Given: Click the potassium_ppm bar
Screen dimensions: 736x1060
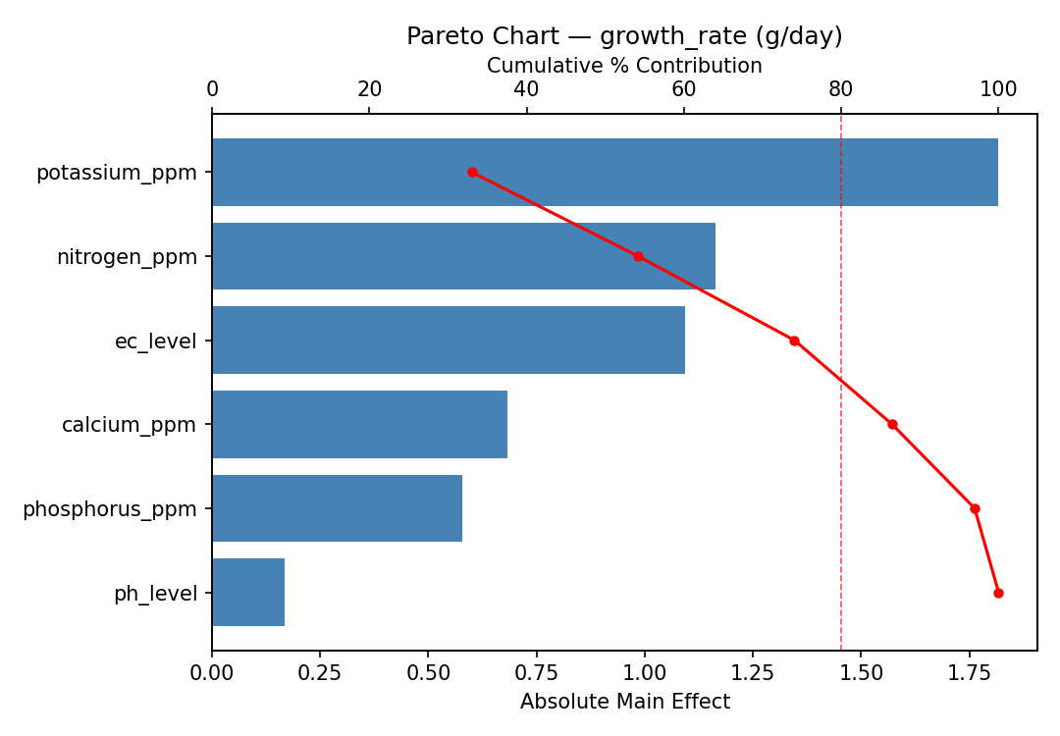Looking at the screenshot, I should click(x=605, y=172).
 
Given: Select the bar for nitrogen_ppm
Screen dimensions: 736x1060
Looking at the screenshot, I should click(x=463, y=256).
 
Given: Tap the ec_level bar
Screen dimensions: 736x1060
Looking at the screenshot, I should click(x=448, y=341).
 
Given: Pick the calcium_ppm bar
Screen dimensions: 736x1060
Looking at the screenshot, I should click(x=359, y=424).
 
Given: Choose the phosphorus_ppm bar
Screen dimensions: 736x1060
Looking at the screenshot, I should click(x=337, y=508).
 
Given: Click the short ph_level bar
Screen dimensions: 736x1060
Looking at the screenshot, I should click(x=248, y=593).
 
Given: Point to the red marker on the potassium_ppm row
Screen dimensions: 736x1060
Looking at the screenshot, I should click(x=472, y=172).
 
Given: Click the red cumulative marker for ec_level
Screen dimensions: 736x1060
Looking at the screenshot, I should click(x=794, y=341).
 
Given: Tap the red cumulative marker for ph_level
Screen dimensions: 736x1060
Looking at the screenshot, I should click(x=998, y=593).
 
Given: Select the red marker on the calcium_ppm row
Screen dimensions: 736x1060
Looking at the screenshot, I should click(x=892, y=424).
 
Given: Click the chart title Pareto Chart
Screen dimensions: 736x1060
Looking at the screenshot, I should click(x=624, y=36).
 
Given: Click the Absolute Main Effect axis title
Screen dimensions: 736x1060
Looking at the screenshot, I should click(x=624, y=702).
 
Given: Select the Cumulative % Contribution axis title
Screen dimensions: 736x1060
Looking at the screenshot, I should click(x=624, y=66).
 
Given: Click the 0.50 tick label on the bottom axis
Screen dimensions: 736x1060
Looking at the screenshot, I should click(x=428, y=672).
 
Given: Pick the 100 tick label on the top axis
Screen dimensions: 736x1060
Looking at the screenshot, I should click(x=998, y=89).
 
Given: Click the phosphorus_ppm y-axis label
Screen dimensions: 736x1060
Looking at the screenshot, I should click(x=109, y=509).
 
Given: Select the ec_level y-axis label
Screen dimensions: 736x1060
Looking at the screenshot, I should click(x=155, y=342).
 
